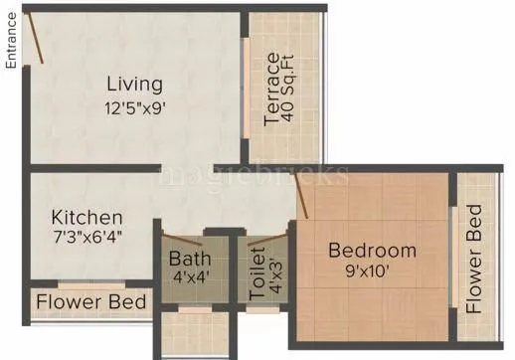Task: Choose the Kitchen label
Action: coord(87,217)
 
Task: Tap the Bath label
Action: coord(189,263)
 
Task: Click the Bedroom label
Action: coord(372,250)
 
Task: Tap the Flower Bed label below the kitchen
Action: coord(91,301)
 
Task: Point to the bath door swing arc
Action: coord(186,239)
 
